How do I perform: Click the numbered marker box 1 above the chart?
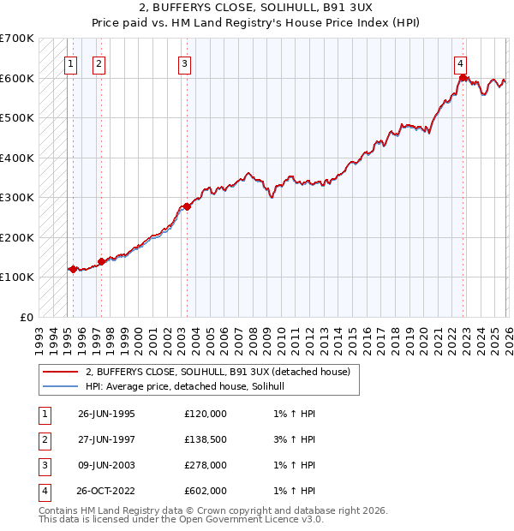coord(70,63)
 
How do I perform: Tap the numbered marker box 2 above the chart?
coord(99,63)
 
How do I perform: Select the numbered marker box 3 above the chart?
coord(184,63)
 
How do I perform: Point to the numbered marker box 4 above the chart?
coord(460,63)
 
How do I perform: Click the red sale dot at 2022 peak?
coord(463,78)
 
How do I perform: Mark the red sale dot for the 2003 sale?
coord(187,206)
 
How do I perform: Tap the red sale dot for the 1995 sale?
coord(73,269)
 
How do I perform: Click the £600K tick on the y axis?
coord(17,78)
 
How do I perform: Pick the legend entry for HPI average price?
coord(190,387)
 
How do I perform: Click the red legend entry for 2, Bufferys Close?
coord(218,373)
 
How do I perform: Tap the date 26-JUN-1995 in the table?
coord(106,414)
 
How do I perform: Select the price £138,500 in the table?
coord(206,439)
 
